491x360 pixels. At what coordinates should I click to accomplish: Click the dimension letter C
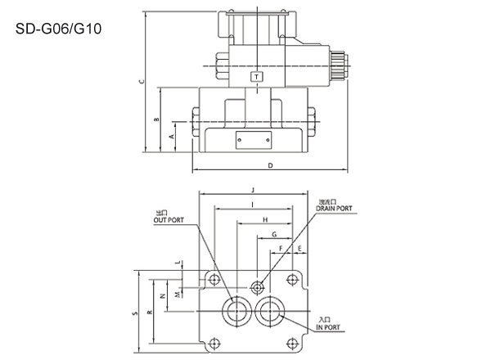click(142, 81)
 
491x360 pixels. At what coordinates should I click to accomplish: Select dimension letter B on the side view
click(156, 119)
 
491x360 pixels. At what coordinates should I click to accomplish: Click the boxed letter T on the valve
click(259, 76)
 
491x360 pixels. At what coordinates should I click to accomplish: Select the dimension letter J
click(255, 190)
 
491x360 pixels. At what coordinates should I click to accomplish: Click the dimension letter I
click(254, 204)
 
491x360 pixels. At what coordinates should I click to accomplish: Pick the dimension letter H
click(265, 221)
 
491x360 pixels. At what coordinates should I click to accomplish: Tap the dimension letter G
click(275, 235)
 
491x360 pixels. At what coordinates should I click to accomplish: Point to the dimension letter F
click(281, 248)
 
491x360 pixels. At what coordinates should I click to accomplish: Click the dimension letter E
click(300, 248)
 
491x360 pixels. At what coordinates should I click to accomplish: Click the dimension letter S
click(133, 313)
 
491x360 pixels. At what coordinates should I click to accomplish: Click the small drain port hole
click(258, 286)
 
